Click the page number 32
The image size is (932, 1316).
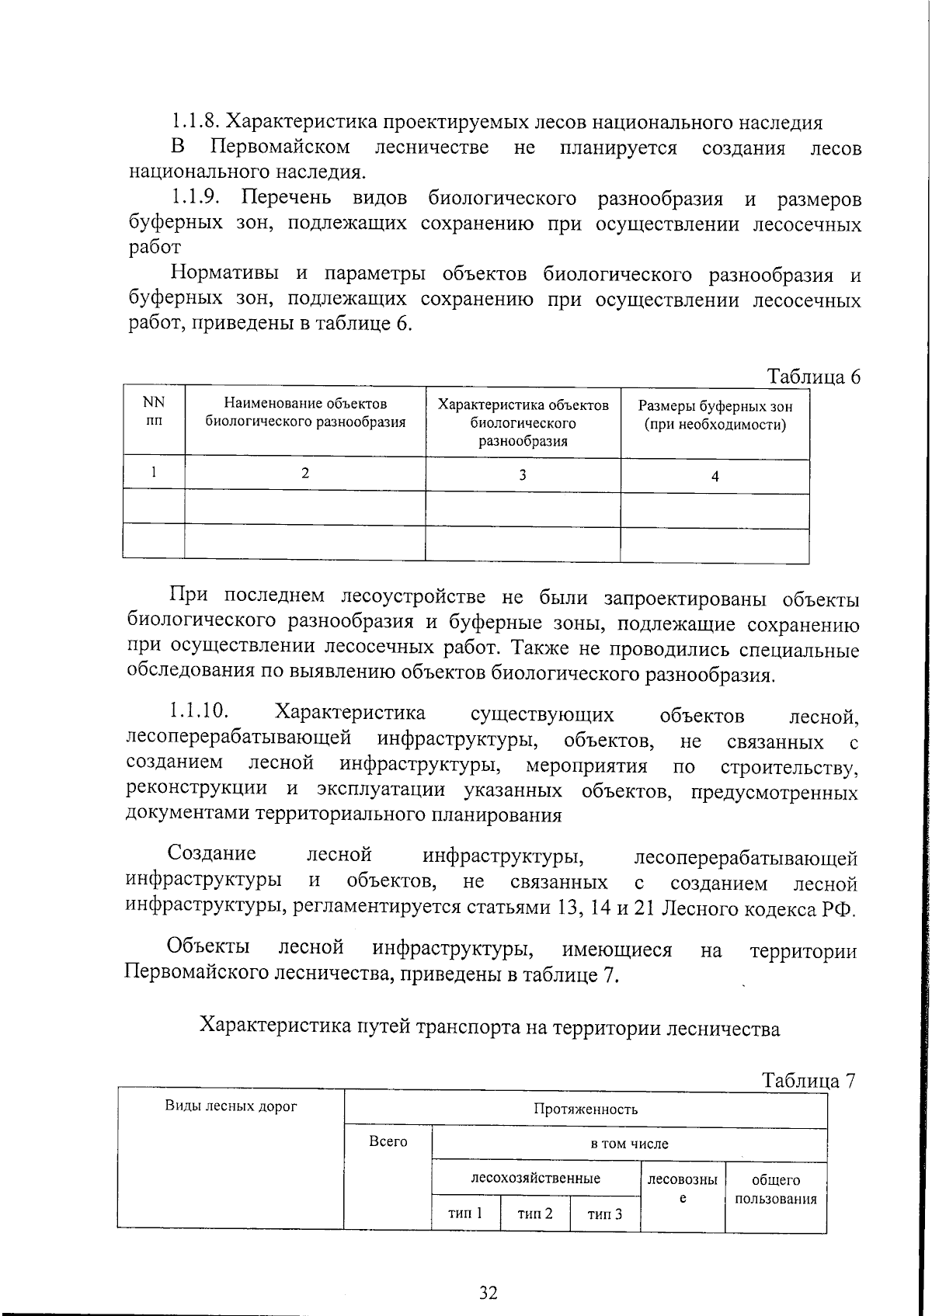[488, 1293]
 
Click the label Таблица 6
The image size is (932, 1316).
[814, 377]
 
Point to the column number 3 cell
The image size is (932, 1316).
[522, 474]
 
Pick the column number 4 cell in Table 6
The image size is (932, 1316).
[715, 477]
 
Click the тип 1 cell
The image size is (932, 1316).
[465, 1213]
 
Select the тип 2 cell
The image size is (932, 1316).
[535, 1213]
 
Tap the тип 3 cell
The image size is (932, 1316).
[605, 1214]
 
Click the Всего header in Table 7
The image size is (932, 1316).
[388, 1141]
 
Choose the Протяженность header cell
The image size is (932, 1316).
[586, 1109]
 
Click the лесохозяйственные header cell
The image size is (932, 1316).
[536, 1178]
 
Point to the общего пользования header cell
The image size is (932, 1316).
[775, 1189]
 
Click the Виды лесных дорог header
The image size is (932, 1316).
[231, 1106]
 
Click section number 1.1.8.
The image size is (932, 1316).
[194, 122]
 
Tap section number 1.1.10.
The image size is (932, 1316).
[197, 710]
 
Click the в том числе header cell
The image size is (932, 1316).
[628, 1144]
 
